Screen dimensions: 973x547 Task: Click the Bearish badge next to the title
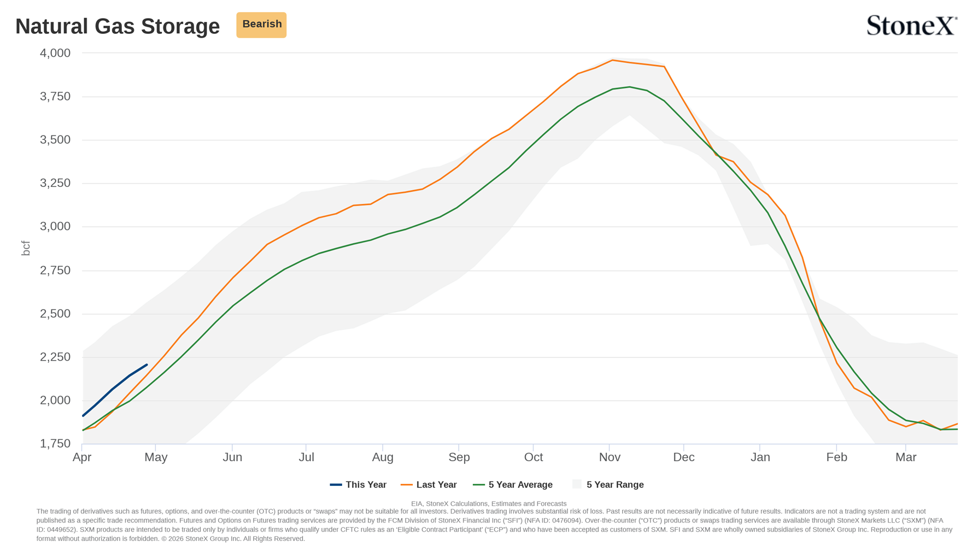click(x=261, y=25)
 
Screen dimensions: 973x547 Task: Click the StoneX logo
click(x=912, y=25)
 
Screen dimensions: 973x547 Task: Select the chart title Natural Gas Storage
click(x=118, y=26)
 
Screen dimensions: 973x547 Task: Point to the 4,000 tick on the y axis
click(x=55, y=53)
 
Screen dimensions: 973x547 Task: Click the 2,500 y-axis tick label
click(x=55, y=314)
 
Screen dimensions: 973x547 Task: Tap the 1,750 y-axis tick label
click(x=55, y=444)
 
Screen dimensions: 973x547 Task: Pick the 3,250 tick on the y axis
click(x=55, y=183)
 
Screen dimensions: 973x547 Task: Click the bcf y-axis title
click(x=26, y=248)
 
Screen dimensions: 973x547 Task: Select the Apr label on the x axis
click(x=82, y=457)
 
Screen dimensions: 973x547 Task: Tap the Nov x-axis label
click(x=609, y=457)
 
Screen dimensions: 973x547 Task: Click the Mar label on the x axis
click(x=906, y=457)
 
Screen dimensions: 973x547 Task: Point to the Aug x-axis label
click(x=383, y=457)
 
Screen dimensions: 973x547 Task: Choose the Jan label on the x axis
click(x=760, y=457)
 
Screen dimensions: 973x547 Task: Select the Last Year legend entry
click(x=429, y=485)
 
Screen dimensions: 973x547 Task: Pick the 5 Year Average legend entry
click(x=513, y=485)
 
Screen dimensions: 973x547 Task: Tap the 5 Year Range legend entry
click(x=608, y=485)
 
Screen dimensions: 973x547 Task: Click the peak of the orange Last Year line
click(x=612, y=60)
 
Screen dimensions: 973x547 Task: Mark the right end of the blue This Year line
click(x=146, y=365)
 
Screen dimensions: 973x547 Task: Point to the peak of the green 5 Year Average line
click(x=630, y=87)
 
